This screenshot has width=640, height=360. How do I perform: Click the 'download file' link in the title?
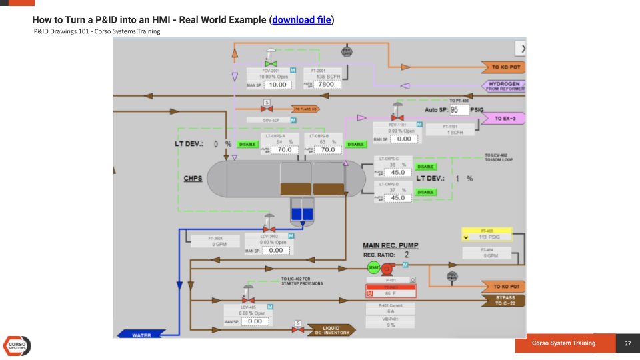click(x=301, y=20)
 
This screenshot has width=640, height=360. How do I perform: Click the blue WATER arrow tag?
click(x=142, y=334)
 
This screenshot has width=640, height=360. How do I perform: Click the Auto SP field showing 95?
click(x=459, y=109)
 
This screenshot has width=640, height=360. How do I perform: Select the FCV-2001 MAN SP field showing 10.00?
click(x=277, y=85)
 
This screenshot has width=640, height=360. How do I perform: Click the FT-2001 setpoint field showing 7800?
click(x=326, y=85)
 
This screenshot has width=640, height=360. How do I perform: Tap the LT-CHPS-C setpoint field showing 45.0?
click(x=397, y=172)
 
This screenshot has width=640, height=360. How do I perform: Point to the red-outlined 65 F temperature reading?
click(x=391, y=293)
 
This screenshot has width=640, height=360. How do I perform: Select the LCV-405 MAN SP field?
click(x=255, y=321)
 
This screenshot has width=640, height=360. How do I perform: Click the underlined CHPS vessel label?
click(x=193, y=179)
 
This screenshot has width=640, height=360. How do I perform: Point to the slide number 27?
click(x=627, y=343)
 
